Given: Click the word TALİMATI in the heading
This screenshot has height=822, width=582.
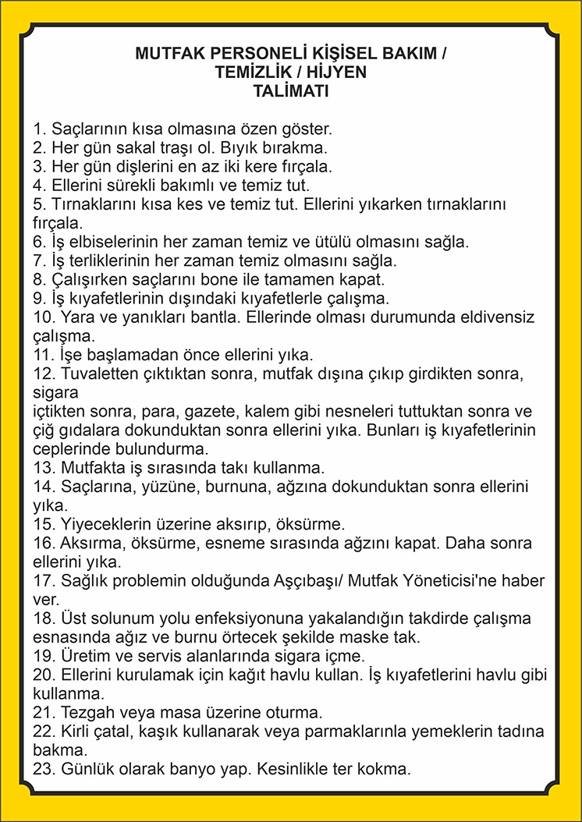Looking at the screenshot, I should coord(290,90).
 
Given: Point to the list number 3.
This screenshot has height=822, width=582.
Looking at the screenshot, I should coord(39,167).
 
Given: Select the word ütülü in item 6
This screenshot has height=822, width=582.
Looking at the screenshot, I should coord(318,242).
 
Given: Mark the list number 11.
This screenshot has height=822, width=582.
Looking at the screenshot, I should coord(44,355).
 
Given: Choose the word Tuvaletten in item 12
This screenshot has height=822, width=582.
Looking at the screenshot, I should coord(97,374).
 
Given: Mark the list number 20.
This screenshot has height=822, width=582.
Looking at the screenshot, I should coord(44,675).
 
